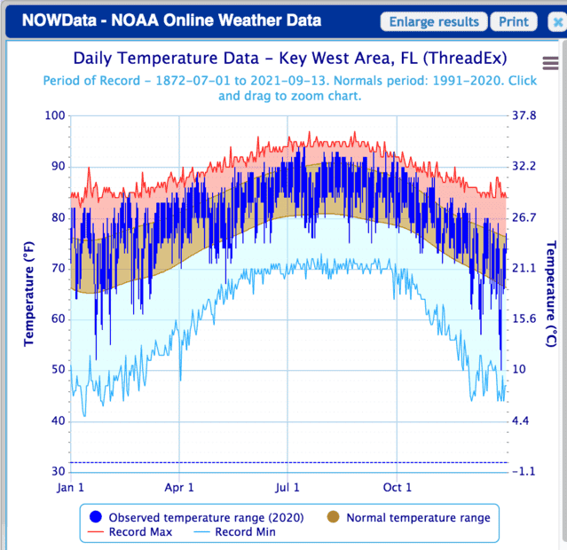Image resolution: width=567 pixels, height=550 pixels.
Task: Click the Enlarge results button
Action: tap(435, 22)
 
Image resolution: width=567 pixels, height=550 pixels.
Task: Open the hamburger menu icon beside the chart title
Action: tap(550, 62)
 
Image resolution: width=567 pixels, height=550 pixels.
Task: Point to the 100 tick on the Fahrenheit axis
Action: tap(55, 115)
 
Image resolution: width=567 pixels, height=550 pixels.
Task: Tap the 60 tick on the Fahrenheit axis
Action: tap(58, 318)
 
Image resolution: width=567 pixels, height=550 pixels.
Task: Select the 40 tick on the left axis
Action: tap(58, 420)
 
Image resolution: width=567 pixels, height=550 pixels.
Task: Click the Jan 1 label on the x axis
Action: tap(71, 487)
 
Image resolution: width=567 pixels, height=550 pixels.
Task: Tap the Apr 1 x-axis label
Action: tap(179, 487)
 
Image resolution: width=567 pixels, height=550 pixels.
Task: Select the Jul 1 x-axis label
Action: tap(287, 487)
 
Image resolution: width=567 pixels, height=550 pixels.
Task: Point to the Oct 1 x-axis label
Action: tap(397, 487)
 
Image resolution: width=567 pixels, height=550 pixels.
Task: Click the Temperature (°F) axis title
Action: tap(29, 294)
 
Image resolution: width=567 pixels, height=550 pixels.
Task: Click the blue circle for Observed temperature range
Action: tap(95, 517)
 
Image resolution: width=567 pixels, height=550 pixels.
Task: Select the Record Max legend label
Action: tap(141, 532)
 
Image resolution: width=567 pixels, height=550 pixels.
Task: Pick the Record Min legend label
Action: tap(245, 532)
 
